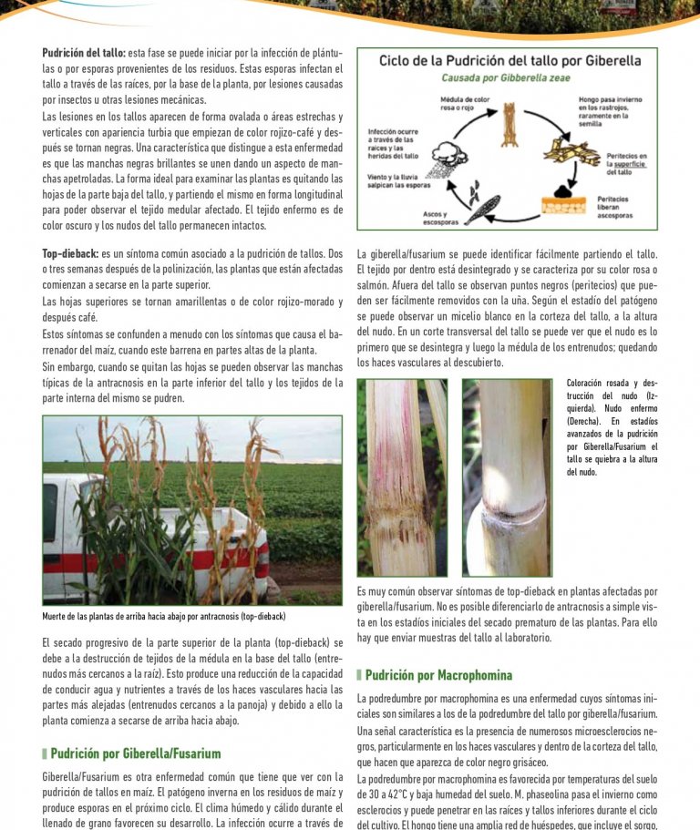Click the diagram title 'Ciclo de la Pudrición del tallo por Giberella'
point(510,61)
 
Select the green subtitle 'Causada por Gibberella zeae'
point(506,78)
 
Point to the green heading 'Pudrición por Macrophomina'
point(438,675)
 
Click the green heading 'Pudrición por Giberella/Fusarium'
point(135,753)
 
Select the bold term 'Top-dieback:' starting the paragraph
point(70,253)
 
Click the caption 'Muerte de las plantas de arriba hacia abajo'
point(164,617)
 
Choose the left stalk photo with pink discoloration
point(402,476)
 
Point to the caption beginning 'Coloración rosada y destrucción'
point(611,427)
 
